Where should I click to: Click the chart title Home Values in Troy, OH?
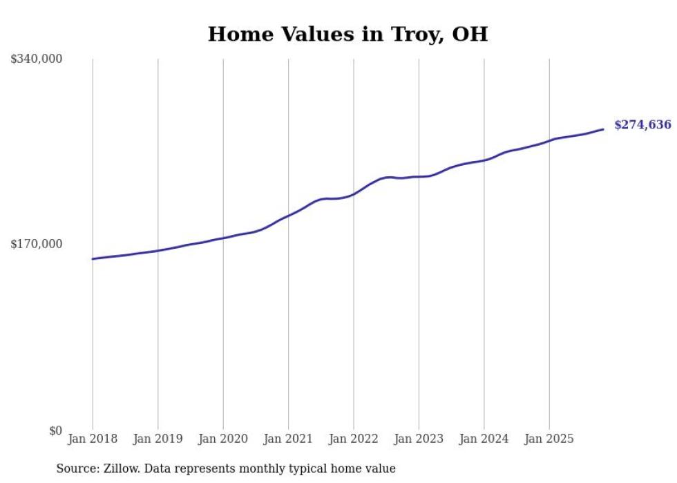pos(347,34)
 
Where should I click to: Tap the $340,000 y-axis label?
pos(37,59)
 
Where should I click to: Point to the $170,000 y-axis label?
pos(37,244)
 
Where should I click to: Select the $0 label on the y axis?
pos(55,430)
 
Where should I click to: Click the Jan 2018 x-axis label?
pos(93,439)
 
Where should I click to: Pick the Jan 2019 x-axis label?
pos(158,439)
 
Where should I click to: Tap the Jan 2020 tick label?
pos(222,439)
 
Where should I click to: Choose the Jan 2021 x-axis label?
pos(288,439)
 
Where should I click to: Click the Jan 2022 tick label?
pos(353,439)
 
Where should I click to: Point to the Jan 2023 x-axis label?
pos(419,439)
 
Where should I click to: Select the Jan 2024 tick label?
pos(484,439)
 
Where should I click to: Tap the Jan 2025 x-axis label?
pos(549,439)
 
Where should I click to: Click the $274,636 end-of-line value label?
pos(642,125)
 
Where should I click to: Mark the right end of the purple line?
pos(603,129)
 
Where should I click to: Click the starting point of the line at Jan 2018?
pos(93,259)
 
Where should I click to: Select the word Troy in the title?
pos(410,34)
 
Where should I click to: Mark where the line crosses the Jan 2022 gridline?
pos(353,194)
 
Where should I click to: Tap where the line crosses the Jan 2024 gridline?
pos(484,160)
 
